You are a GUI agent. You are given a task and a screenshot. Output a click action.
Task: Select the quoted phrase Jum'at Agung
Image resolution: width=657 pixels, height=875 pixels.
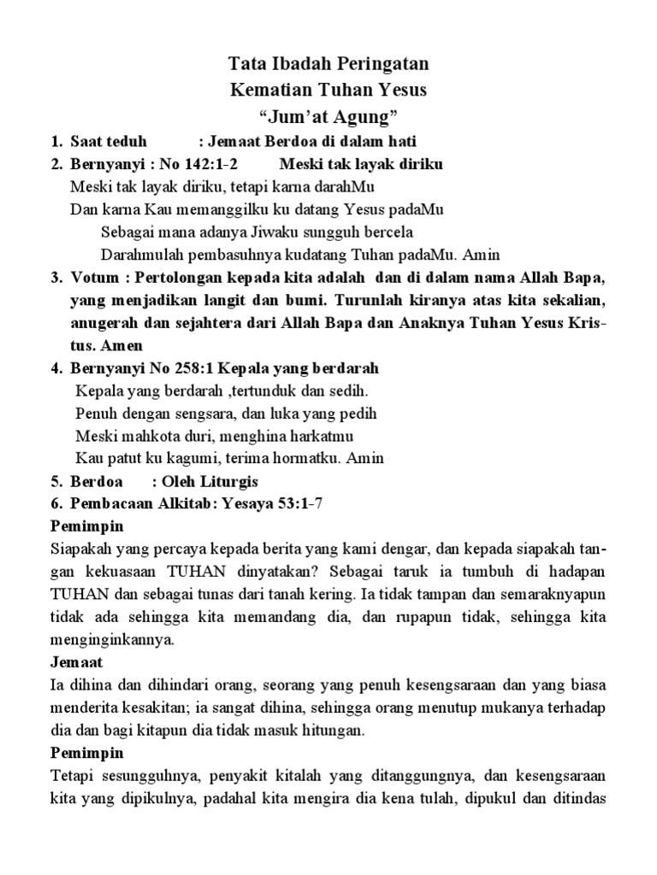pyautogui.click(x=328, y=115)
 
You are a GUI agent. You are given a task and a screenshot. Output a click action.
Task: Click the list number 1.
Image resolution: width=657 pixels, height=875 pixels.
pyautogui.click(x=54, y=141)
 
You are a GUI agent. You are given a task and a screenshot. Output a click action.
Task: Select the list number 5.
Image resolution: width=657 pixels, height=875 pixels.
pyautogui.click(x=54, y=481)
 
